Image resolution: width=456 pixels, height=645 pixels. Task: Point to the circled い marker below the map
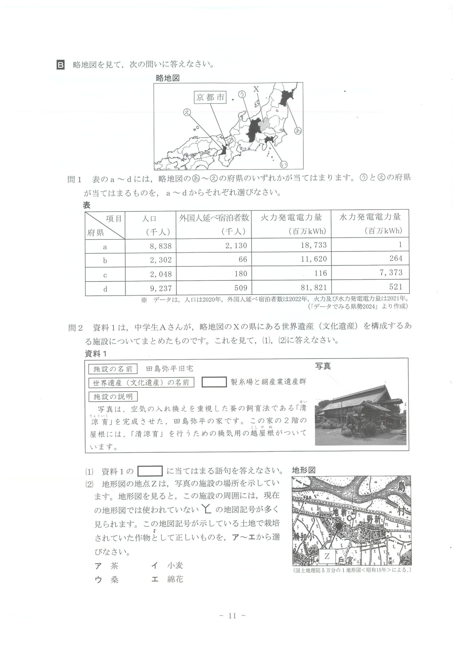coord(284,164)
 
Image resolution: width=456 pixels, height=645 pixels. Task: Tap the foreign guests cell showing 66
coord(243,259)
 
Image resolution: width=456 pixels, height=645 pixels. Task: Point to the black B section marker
coord(61,65)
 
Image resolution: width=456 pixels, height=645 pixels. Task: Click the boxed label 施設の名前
coord(113,369)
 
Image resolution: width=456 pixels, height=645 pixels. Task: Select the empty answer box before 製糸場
coord(214,382)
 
